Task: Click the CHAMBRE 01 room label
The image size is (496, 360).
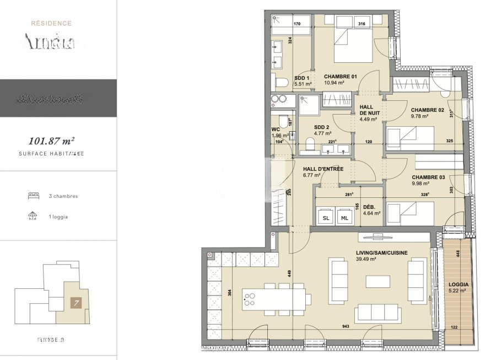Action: click(341, 76)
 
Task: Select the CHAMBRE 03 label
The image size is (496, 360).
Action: click(429, 178)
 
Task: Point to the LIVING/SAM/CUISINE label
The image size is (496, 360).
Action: click(382, 252)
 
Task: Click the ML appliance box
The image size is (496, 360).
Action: click(345, 218)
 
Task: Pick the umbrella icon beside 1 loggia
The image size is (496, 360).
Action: click(33, 216)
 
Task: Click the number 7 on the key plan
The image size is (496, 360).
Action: click(73, 302)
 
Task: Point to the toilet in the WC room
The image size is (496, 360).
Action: click(282, 122)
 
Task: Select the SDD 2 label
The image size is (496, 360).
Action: click(315, 126)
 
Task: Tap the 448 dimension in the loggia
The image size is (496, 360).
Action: click(457, 254)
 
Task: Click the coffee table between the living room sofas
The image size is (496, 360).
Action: click(378, 281)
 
